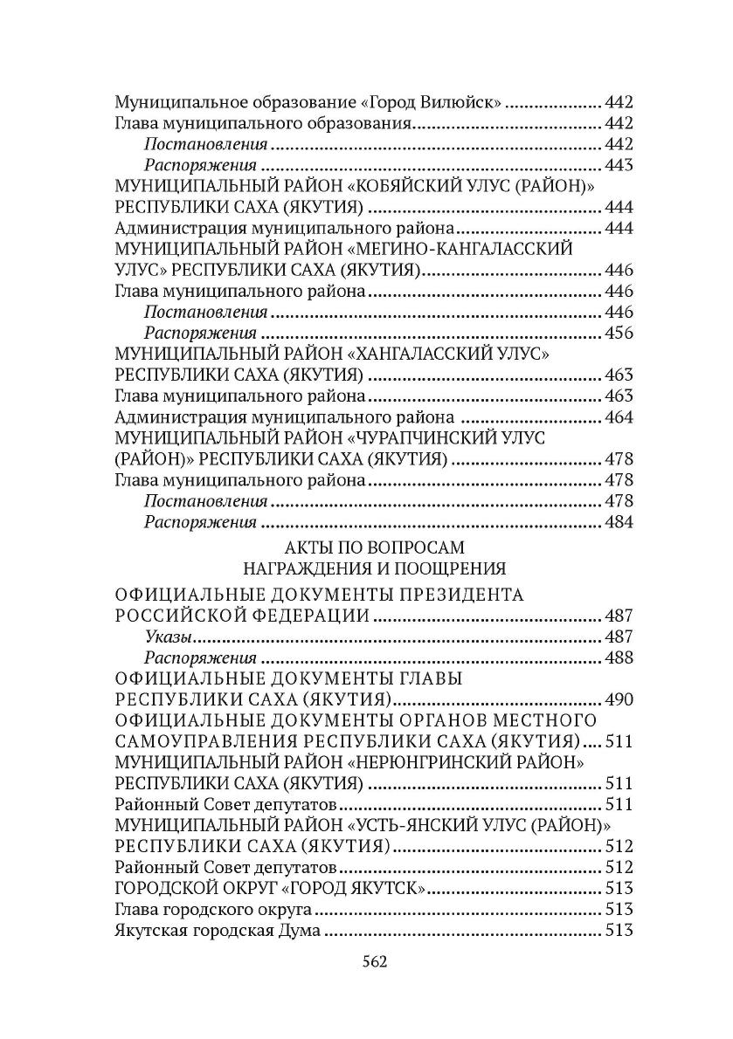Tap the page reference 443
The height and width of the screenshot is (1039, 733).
(618, 165)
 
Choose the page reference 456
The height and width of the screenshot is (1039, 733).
(618, 333)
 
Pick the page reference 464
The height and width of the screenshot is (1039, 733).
(618, 416)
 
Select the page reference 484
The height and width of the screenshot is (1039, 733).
(618, 521)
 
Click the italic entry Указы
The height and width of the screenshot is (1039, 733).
(169, 636)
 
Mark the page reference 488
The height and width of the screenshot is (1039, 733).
(618, 657)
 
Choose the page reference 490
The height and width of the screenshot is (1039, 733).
(618, 699)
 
